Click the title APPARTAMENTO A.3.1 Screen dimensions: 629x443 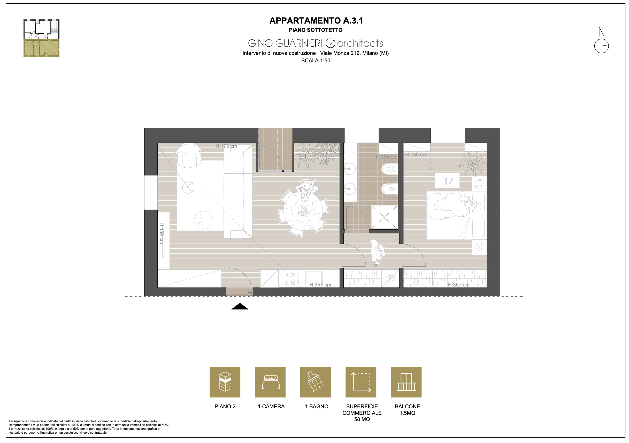[316, 21]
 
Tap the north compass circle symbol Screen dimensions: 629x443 [601, 46]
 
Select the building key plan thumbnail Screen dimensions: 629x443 [41, 38]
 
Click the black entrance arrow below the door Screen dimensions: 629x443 [240, 306]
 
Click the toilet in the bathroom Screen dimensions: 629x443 [389, 168]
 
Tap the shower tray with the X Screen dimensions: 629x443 [384, 217]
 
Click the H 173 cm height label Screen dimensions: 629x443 [226, 146]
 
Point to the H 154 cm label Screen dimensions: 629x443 [387, 157]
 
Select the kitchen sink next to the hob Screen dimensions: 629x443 [314, 278]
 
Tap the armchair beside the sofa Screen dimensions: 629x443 [189, 156]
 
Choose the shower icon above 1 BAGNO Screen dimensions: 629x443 [316, 382]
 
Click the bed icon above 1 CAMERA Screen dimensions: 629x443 [270, 382]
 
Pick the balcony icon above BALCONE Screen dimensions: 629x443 [406, 382]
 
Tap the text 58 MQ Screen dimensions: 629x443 [362, 419]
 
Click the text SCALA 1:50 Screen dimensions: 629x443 [316, 61]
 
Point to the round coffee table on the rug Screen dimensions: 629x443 [203, 220]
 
